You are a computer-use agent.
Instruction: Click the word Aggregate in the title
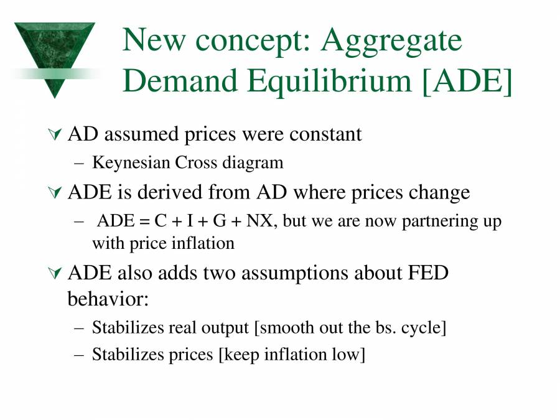pyautogui.click(x=392, y=40)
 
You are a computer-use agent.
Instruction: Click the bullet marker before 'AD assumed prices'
pyautogui.click(x=55, y=134)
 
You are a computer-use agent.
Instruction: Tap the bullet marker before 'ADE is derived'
pyautogui.click(x=55, y=194)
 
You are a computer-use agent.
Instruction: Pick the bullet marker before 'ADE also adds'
pyautogui.click(x=55, y=273)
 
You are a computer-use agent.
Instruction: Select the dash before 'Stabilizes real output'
pyautogui.click(x=78, y=328)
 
